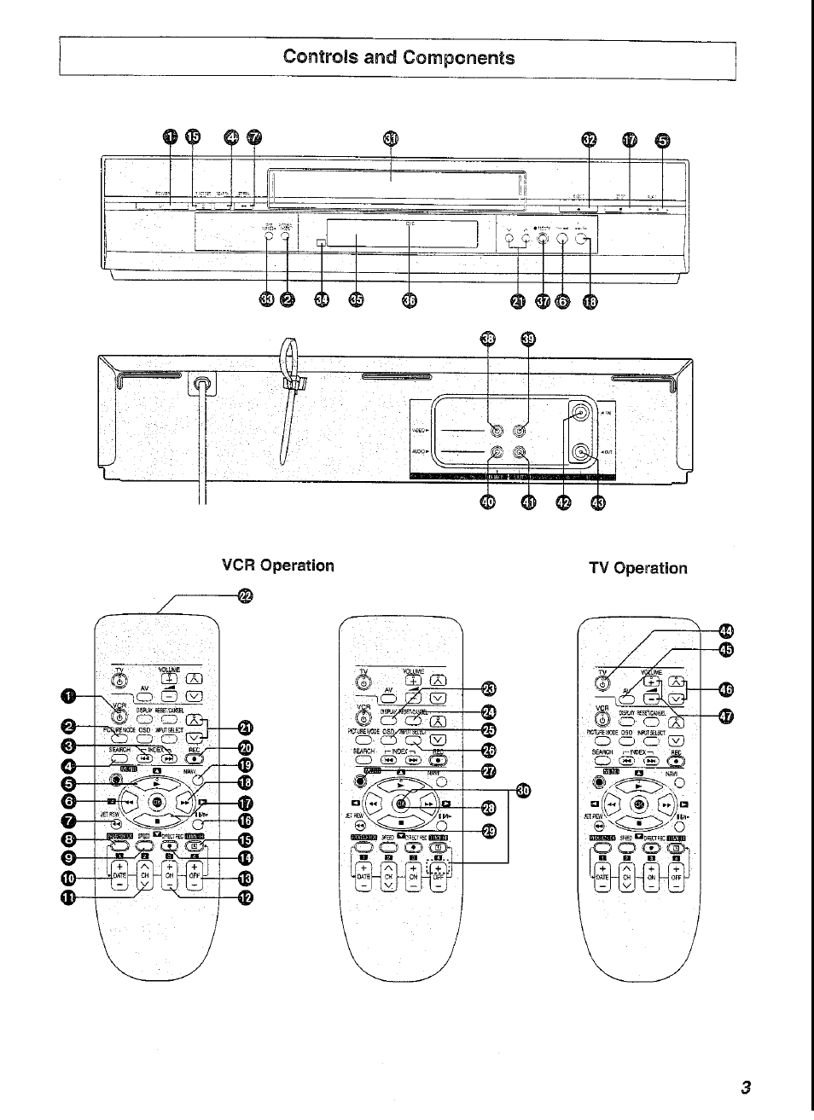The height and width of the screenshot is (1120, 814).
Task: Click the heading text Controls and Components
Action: pyautogui.click(x=398, y=57)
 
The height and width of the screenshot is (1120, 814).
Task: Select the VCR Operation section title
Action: pyautogui.click(x=277, y=566)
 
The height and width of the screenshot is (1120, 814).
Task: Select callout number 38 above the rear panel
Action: pyautogui.click(x=487, y=339)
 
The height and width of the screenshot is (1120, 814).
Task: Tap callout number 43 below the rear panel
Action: pyautogui.click(x=596, y=503)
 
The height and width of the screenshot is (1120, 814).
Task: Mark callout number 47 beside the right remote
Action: pyautogui.click(x=726, y=715)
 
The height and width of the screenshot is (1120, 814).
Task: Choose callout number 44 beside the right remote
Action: pyautogui.click(x=726, y=631)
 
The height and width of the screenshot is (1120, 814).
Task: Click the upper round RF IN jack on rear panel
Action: pyautogui.click(x=580, y=413)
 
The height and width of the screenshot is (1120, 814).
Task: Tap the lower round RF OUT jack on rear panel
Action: pyautogui.click(x=580, y=453)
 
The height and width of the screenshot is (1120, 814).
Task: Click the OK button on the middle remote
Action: pyautogui.click(x=401, y=803)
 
